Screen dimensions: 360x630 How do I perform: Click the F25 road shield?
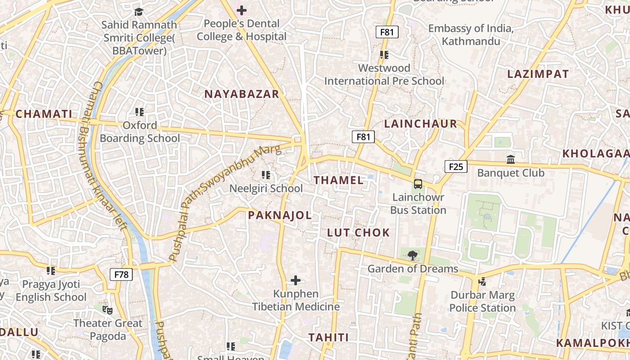coord(456,167)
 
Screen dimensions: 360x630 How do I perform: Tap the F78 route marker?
coord(121,274)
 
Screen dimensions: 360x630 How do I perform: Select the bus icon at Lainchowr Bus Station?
coord(418,184)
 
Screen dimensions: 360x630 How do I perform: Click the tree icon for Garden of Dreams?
coord(412,256)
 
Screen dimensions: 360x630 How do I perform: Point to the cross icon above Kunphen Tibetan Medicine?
coord(296,281)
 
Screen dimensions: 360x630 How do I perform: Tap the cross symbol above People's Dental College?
coord(242,10)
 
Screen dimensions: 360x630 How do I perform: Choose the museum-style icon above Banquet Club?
coord(511,160)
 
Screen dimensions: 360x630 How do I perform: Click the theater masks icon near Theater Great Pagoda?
coord(108,310)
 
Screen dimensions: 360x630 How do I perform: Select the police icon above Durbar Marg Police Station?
coord(482,282)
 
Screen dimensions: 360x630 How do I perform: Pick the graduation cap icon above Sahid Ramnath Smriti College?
coord(139,12)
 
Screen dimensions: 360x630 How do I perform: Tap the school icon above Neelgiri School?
coord(266,175)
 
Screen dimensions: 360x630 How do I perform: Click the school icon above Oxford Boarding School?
coord(139,112)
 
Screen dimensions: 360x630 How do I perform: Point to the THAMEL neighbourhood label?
coord(338,180)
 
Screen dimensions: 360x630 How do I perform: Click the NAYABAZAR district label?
coord(242,94)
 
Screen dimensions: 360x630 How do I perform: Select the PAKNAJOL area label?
coord(280,216)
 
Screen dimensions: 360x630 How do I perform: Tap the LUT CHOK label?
coord(358,233)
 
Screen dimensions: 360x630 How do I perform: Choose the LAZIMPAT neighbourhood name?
coord(538,74)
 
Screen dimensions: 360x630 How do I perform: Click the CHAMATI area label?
coord(44,114)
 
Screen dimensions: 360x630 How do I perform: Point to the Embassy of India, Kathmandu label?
coord(471,35)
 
